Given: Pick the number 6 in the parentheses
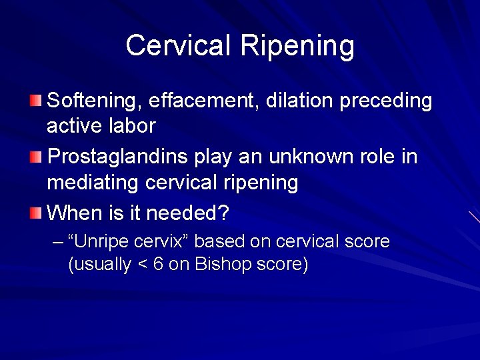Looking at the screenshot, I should click(x=158, y=264).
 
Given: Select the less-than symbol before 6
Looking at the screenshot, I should click(x=142, y=265).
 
